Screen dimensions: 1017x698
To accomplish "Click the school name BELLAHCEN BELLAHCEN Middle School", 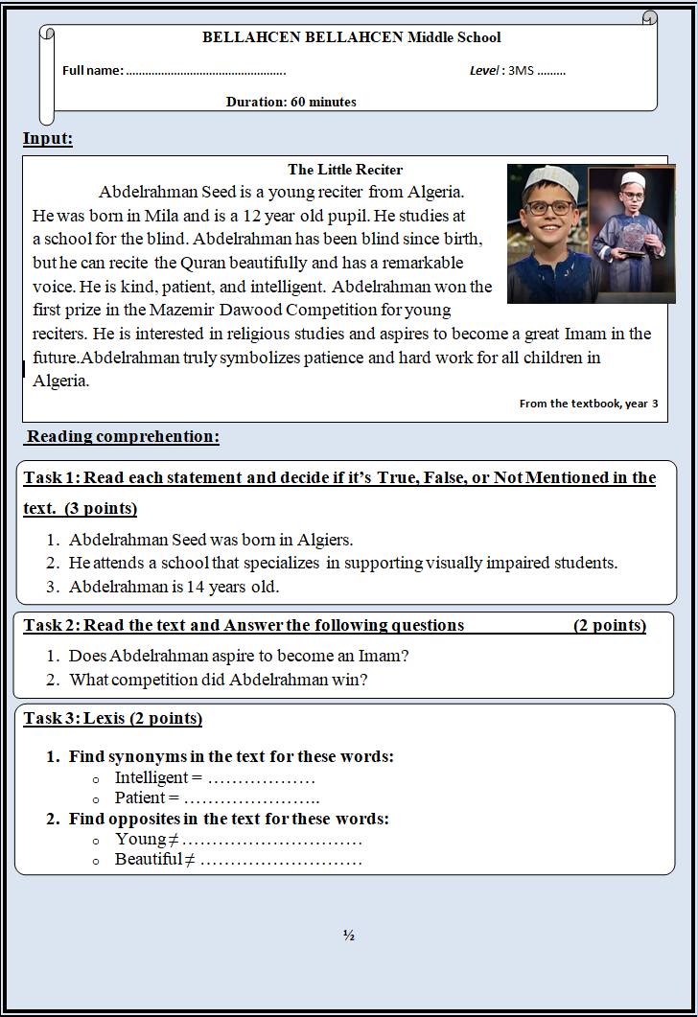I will coord(351,38).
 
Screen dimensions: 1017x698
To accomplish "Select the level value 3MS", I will coord(521,71).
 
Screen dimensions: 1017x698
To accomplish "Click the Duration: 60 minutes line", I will coord(291,102).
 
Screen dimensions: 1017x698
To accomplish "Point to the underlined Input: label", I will coord(48,139).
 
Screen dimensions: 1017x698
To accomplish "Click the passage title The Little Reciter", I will coord(345,170).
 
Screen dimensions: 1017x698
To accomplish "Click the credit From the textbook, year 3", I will coord(588,404).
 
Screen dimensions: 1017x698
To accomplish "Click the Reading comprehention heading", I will coord(123,437).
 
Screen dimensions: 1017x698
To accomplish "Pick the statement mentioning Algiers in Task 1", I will coord(211,540).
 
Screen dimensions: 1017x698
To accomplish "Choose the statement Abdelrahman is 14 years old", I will coord(174,587).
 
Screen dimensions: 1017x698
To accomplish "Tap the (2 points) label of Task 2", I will coord(610,626).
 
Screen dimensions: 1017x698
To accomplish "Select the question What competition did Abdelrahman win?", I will coord(219,680).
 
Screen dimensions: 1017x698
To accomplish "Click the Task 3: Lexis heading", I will coord(112,718).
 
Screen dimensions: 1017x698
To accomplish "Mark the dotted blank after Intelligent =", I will coord(261,778).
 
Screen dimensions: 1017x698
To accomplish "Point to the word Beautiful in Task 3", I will coord(148,859).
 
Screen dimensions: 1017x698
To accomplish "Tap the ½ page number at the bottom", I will coord(349,936).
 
